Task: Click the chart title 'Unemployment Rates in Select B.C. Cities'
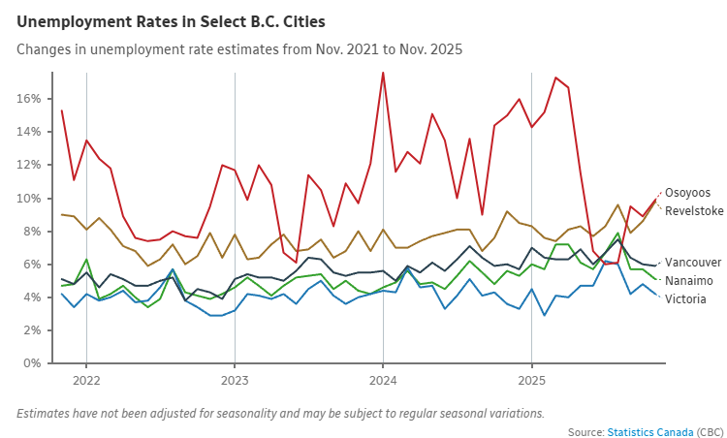(171, 20)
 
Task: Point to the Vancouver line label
(694, 263)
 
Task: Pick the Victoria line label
(685, 298)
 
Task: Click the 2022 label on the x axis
(86, 381)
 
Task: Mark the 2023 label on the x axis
(235, 381)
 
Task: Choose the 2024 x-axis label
(383, 381)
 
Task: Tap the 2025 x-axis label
(531, 381)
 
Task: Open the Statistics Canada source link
(650, 431)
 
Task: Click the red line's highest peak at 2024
(383, 73)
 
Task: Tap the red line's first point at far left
(61, 110)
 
